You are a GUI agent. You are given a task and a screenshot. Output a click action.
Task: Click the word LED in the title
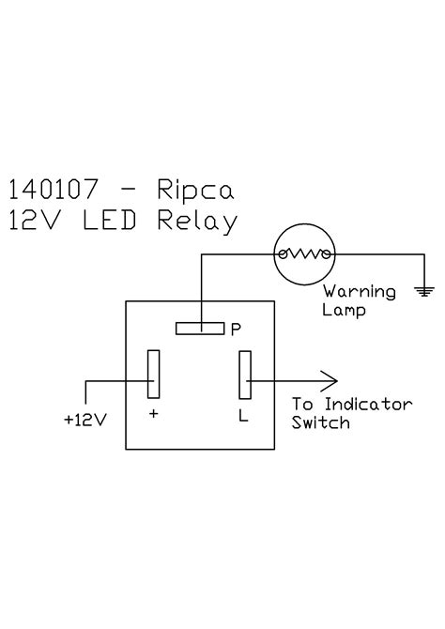pyautogui.click(x=117, y=222)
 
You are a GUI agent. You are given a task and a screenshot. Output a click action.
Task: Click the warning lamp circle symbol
pyautogui.click(x=303, y=253)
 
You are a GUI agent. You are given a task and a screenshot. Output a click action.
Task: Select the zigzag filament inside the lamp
pyautogui.click(x=303, y=253)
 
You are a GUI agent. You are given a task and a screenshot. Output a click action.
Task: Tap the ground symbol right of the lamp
pyautogui.click(x=424, y=291)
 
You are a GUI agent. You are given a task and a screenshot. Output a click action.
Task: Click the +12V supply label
pyautogui.click(x=84, y=420)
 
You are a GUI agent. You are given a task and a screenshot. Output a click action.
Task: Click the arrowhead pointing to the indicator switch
pyautogui.click(x=329, y=380)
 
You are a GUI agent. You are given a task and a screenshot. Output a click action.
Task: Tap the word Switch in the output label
pyautogui.click(x=320, y=423)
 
